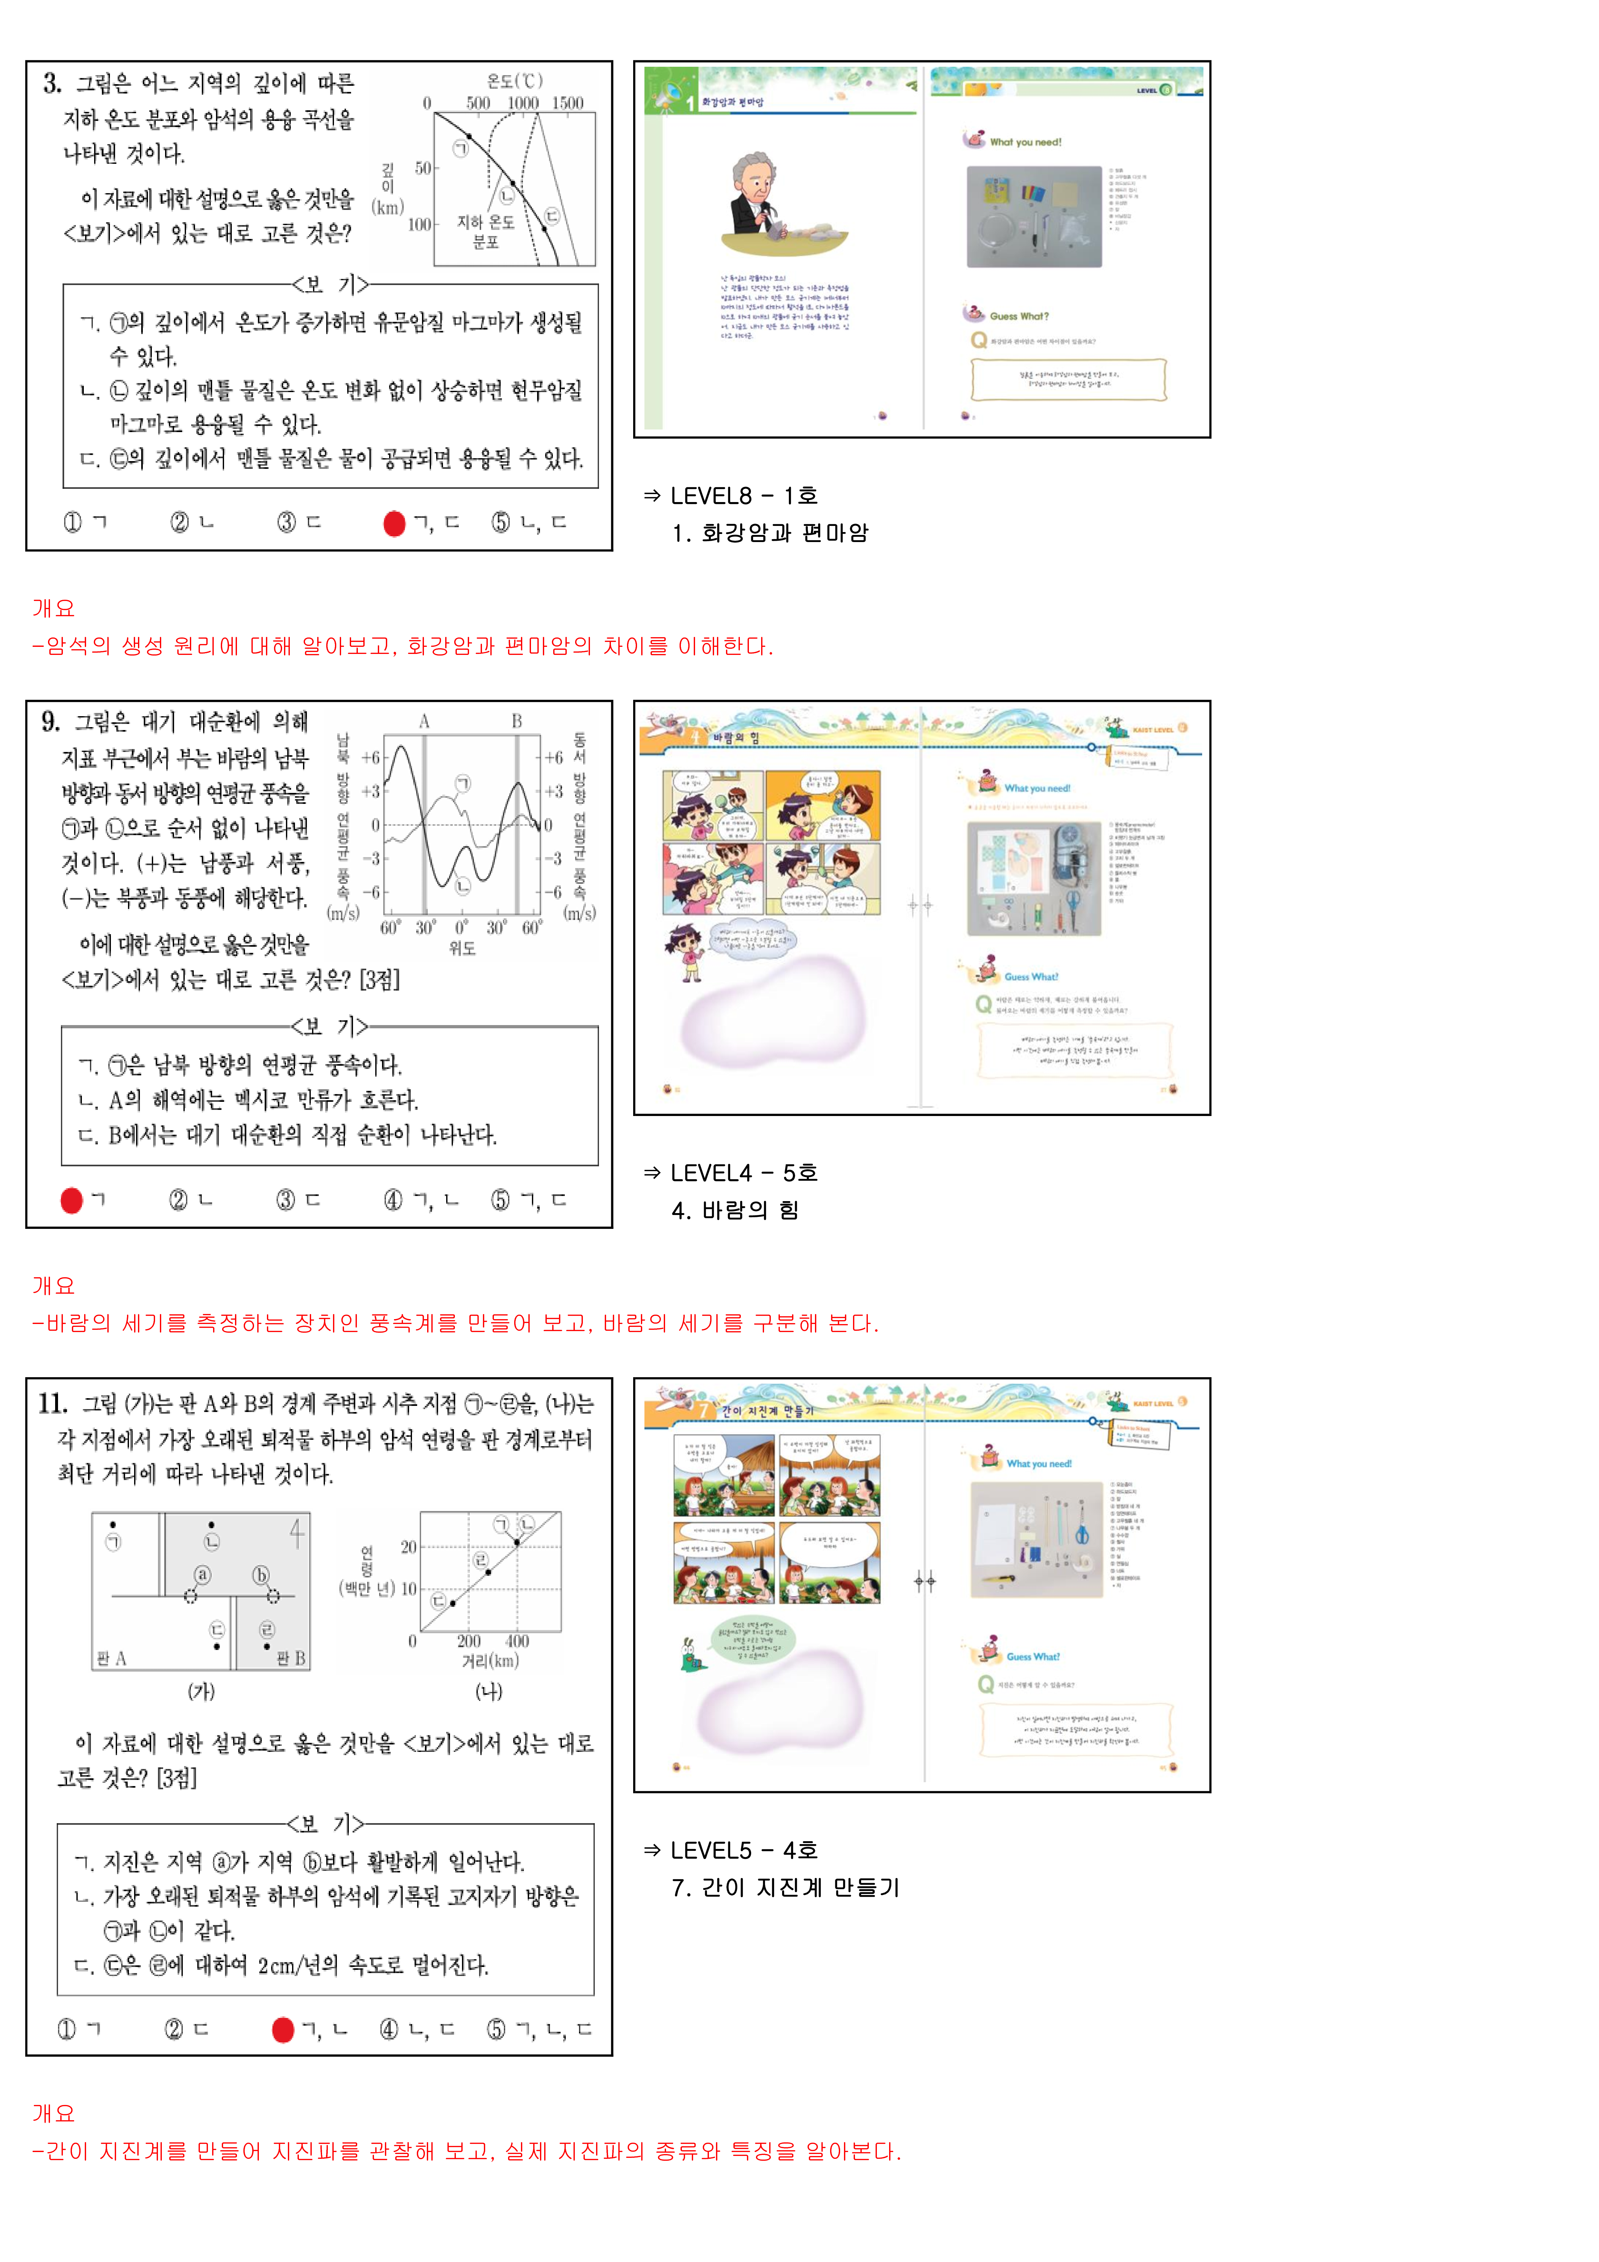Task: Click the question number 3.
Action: click(x=52, y=84)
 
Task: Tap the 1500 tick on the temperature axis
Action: click(x=567, y=104)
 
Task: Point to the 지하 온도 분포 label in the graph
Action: click(x=486, y=232)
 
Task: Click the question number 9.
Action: click(x=50, y=722)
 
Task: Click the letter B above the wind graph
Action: click(x=516, y=721)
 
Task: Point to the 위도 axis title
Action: click(x=462, y=948)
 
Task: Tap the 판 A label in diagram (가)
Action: click(x=111, y=1659)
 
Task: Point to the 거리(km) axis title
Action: click(x=490, y=1661)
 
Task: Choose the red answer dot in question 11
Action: click(x=283, y=2030)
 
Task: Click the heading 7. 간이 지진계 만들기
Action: click(x=785, y=1888)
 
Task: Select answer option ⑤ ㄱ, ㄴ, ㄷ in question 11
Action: click(x=540, y=2030)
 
